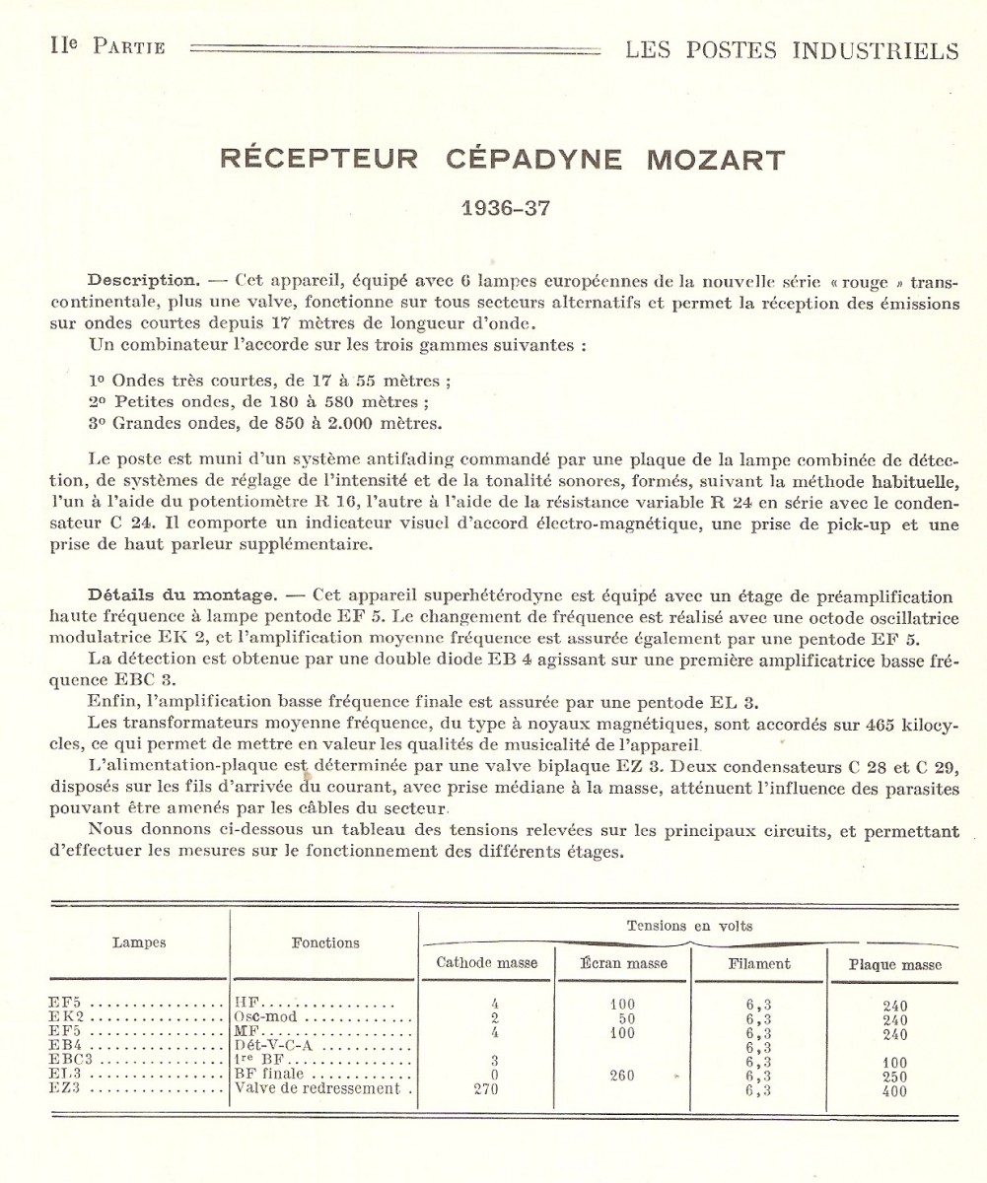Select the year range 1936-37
tap(505, 208)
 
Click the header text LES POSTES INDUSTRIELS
tap(792, 50)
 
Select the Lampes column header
tap(138, 942)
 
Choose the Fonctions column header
tap(325, 942)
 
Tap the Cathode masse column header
tap(487, 963)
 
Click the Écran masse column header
tap(624, 963)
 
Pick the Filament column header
tap(759, 963)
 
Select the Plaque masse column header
tap(894, 965)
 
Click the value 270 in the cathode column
tap(487, 1090)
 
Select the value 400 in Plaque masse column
tap(894, 1091)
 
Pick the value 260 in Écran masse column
tap(622, 1076)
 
